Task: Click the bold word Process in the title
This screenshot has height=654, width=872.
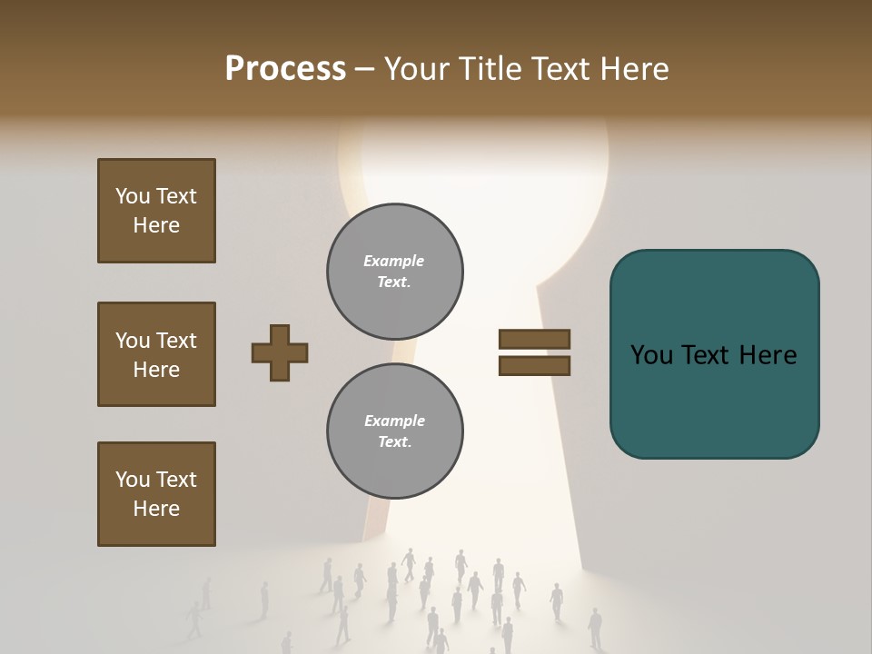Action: coord(285,69)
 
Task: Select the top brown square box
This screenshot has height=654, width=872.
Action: coord(156,211)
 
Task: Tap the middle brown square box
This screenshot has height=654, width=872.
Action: coord(156,354)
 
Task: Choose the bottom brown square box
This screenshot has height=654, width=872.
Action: coord(156,494)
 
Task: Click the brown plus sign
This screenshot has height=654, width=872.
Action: coord(280,352)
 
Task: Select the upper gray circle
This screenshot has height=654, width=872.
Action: coord(394,272)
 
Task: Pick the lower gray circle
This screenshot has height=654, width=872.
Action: coord(394,431)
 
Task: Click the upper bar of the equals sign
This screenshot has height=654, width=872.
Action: coord(534,339)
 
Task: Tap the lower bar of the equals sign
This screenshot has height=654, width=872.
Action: coord(534,366)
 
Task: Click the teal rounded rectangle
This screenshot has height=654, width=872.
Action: coord(714,354)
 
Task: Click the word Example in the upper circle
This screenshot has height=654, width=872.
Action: coord(393,261)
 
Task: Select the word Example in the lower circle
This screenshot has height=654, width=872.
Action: coord(394,421)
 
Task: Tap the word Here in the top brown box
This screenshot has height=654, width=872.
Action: coord(156,225)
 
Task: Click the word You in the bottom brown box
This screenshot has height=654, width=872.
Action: coord(132,480)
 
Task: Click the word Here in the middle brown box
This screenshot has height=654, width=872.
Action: coord(156,370)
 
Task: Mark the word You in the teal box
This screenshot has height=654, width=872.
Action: coord(651,355)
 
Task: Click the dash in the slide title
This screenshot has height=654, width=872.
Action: coord(365,70)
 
